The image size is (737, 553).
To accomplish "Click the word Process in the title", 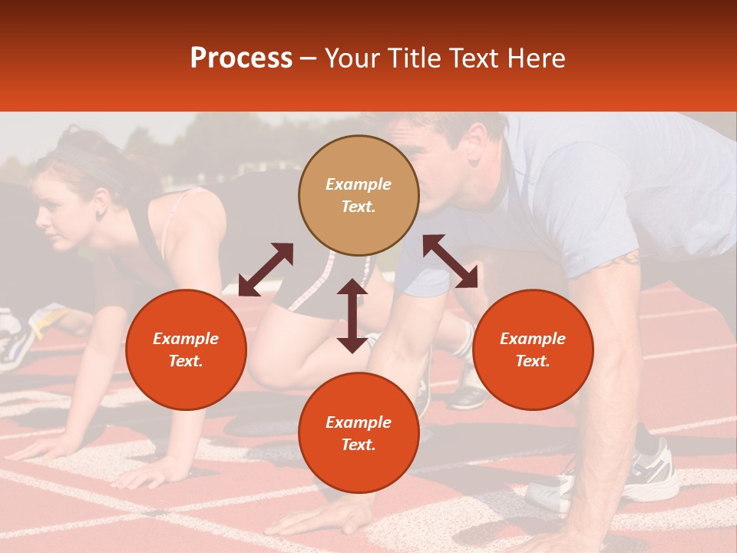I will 241,58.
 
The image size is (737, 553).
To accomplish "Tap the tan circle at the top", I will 359,195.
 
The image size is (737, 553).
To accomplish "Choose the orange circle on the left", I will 186,349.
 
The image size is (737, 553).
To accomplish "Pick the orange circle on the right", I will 533,349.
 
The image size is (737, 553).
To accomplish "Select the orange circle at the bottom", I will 359,433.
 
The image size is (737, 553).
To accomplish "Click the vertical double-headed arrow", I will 352,316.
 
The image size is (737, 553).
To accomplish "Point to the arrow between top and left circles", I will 266,269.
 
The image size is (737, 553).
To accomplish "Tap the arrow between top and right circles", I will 450,261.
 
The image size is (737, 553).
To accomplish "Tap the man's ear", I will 476,141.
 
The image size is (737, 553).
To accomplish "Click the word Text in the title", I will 478,58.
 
